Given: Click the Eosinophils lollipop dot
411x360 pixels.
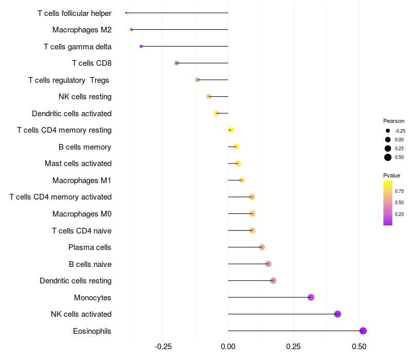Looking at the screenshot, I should pyautogui.click(x=363, y=331).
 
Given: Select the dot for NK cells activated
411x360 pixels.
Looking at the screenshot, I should pyautogui.click(x=338, y=314).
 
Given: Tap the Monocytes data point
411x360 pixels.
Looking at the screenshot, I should pyautogui.click(x=311, y=297).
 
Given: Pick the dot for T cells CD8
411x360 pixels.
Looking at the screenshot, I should pyautogui.click(x=177, y=63).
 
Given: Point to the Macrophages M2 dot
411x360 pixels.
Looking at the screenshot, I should pyautogui.click(x=132, y=30).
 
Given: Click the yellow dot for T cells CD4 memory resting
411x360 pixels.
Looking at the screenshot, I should pyautogui.click(x=231, y=130).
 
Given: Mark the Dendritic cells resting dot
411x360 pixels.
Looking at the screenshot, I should pyautogui.click(x=273, y=281).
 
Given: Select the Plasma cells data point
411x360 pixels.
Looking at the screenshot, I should pyautogui.click(x=262, y=247).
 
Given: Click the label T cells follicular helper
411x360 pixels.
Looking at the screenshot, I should pyautogui.click(x=74, y=13).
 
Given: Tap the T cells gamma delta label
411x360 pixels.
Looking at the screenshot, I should pyautogui.click(x=78, y=46).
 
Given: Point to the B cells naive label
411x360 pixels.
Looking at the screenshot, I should pyautogui.click(x=90, y=264).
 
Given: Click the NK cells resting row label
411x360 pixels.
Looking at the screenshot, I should pyautogui.click(x=85, y=97).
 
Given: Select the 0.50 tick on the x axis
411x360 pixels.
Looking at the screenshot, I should pyautogui.click(x=359, y=347).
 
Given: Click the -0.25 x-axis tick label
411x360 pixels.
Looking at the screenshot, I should pyautogui.click(x=163, y=347).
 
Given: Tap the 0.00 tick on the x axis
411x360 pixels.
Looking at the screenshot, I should pyautogui.click(x=228, y=347).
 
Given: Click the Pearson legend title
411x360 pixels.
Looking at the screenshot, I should pyautogui.click(x=394, y=121).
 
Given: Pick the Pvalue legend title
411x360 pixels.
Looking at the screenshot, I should pyautogui.click(x=391, y=175).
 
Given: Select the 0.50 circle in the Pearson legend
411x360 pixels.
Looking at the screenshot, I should pyautogui.click(x=388, y=157).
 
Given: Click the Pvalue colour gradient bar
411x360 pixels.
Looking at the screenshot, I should pyautogui.click(x=388, y=203).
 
